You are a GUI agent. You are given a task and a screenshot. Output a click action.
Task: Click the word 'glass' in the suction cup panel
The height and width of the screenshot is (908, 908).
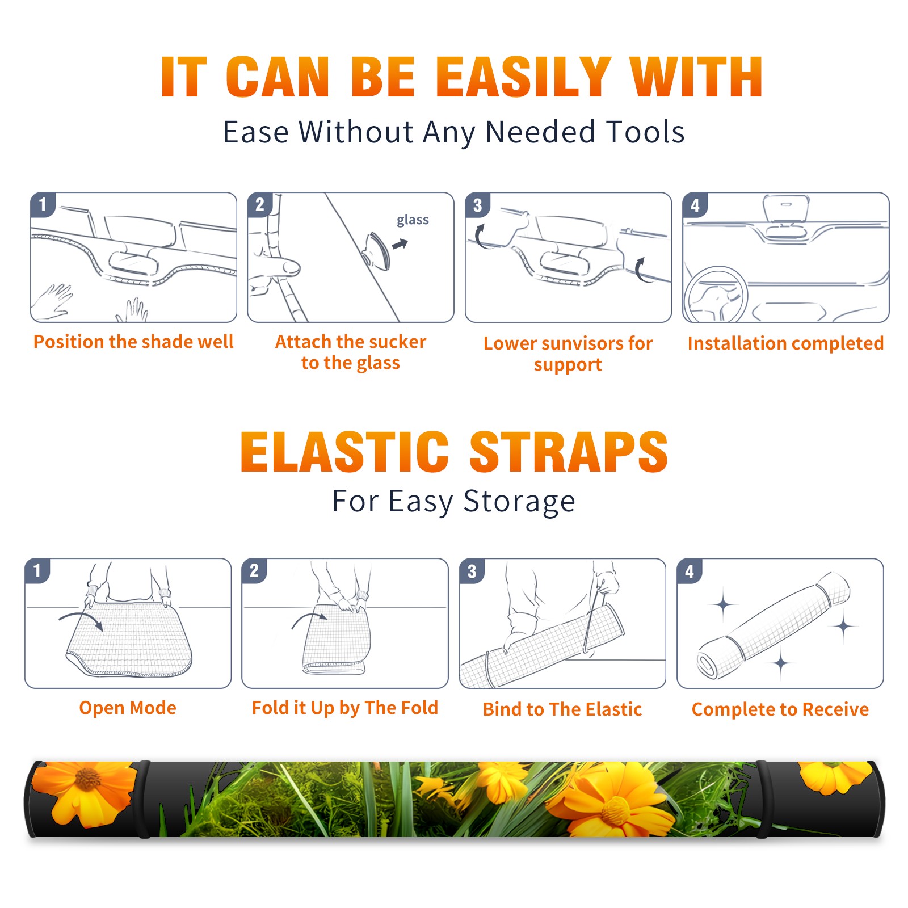[413, 220]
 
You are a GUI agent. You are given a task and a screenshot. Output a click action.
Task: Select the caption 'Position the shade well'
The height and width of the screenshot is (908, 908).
[133, 342]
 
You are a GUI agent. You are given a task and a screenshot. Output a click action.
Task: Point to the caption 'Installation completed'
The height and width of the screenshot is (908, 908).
[785, 343]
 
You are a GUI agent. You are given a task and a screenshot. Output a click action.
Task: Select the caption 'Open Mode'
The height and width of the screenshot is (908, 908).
[128, 708]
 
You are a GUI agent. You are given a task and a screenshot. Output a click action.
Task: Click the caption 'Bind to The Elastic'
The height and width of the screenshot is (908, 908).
[562, 709]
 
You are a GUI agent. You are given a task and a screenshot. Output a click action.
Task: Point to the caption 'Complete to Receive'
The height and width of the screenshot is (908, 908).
[780, 709]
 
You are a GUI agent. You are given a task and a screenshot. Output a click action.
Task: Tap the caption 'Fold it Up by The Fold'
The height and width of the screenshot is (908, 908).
[345, 708]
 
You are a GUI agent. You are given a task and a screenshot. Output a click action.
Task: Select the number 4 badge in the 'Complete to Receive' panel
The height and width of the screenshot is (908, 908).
[690, 571]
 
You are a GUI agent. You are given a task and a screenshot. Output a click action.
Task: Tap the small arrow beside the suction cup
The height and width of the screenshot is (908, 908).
[401, 244]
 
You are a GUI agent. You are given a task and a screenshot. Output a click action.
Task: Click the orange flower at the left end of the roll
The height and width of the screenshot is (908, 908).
[84, 792]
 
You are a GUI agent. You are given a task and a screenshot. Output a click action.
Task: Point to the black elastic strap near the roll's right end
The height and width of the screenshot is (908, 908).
[762, 799]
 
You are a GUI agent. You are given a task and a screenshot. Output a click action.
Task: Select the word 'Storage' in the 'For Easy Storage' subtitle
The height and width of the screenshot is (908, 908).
[519, 502]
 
